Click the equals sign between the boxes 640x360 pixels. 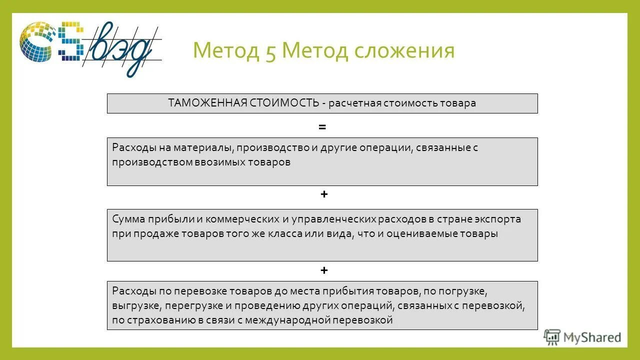(322, 127)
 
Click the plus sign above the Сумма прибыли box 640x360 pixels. (324, 194)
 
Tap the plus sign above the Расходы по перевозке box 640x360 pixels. (324, 270)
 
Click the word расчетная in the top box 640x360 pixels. (355, 103)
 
